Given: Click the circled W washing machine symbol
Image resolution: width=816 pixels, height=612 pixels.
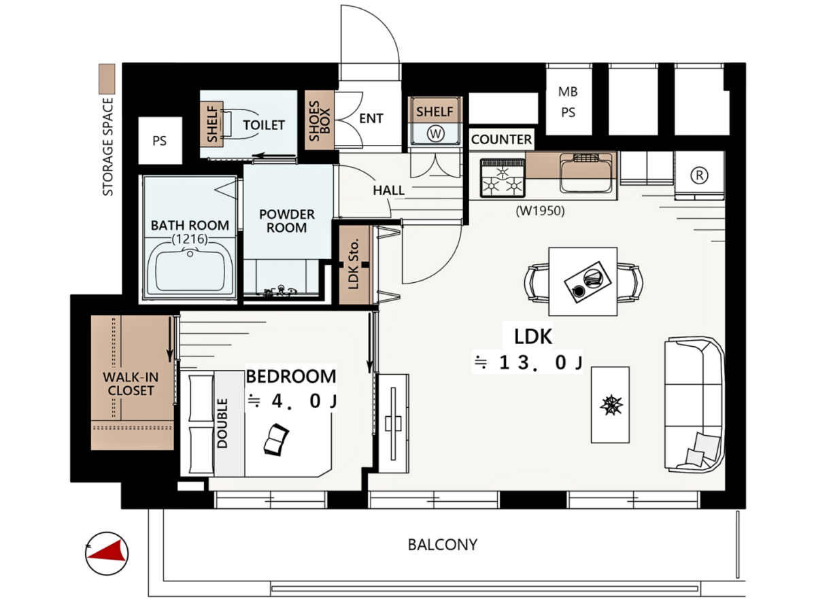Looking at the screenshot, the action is coord(435,134).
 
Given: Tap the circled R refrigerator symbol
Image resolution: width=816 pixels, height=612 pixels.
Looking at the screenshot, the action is coord(699,175).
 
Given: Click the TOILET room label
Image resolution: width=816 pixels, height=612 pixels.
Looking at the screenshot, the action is coord(264,125).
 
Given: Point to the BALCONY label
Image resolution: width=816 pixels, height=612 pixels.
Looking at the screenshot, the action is coord(443,545).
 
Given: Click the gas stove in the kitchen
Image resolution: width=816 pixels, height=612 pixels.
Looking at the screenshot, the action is coord(503,177).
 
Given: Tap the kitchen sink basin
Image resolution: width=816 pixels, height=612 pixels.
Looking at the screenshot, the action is coord(585,173).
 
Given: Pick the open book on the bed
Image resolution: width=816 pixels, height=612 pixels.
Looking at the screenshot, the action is coord(276,439).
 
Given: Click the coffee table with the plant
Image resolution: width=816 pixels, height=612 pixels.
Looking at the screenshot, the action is coord(610,405).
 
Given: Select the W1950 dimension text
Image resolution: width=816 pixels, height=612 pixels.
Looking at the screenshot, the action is coord(540,211).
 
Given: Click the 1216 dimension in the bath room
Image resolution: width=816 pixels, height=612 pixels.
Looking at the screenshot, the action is coord(190,239).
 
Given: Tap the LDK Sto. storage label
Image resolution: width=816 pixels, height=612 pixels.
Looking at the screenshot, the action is coord(354,265).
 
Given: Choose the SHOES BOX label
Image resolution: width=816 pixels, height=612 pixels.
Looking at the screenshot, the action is coord(319,121).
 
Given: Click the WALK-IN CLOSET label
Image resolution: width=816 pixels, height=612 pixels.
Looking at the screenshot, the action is coord(131,384).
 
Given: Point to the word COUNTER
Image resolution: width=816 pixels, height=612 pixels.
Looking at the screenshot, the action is coord(501,139).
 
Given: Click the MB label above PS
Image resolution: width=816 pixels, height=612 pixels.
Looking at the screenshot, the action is coord(568,91).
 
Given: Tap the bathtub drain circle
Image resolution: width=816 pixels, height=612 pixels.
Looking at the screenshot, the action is coord(190,254).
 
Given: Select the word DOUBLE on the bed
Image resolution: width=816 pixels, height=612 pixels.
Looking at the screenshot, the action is coord(222,423).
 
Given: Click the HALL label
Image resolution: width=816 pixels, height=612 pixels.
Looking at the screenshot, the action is coord(388,190).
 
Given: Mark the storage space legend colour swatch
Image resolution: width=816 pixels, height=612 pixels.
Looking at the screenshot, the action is coord(107,79).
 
